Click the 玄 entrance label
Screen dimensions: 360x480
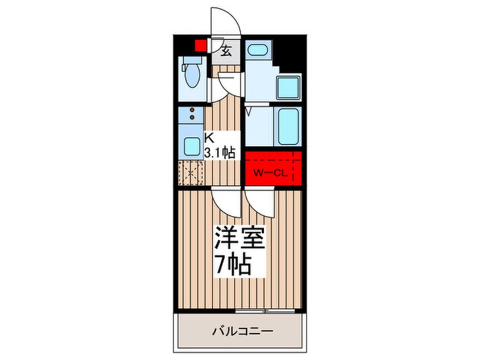tap(225, 51)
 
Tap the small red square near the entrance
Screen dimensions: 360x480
tap(200, 45)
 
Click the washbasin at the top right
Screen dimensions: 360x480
tap(258, 50)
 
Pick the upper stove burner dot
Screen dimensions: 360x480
tap(192, 110)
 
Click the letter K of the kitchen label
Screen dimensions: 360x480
tap(209, 137)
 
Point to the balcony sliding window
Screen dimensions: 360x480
tap(265, 310)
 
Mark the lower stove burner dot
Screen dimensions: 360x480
tap(192, 118)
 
